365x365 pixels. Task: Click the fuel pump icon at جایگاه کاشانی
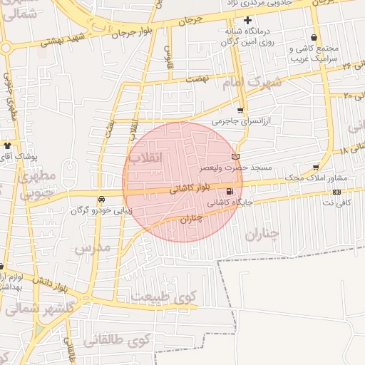(x=229, y=191)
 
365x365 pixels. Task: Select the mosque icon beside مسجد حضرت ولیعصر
(x=236, y=156)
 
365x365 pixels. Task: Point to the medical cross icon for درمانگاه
(x=248, y=20)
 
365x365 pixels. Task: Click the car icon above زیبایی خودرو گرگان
(x=101, y=199)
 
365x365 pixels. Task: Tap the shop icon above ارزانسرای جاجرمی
(x=240, y=110)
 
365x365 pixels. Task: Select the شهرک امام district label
(x=252, y=83)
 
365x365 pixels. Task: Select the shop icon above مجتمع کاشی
(x=314, y=38)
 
